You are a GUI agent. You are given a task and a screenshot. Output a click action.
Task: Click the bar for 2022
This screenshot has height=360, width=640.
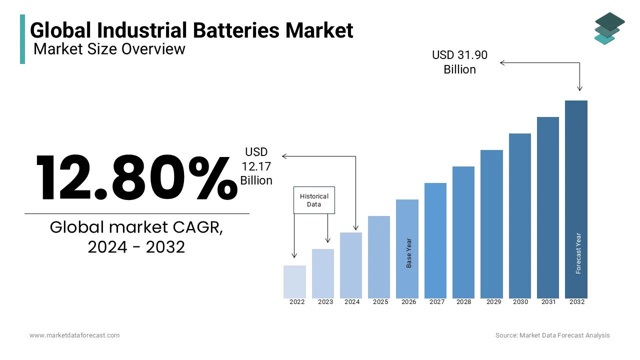[x=294, y=282]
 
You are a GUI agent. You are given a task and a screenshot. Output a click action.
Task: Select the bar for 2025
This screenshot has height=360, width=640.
[x=379, y=257]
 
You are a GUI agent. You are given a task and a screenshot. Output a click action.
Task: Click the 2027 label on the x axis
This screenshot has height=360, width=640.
[x=437, y=302]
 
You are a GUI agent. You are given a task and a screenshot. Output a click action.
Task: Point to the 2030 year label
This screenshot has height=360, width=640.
[x=520, y=302]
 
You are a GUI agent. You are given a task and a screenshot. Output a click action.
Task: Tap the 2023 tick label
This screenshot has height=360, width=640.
[x=325, y=302]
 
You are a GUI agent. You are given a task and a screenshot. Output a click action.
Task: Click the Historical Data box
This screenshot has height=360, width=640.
[x=314, y=200]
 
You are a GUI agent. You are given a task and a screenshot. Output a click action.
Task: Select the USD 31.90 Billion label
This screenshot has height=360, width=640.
[x=459, y=62]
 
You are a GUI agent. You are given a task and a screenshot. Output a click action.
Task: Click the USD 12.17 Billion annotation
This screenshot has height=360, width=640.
[x=256, y=166]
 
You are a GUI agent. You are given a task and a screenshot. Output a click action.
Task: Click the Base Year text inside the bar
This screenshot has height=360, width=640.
[x=409, y=253]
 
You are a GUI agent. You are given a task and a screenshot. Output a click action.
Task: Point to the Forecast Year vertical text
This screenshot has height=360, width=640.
[x=578, y=253]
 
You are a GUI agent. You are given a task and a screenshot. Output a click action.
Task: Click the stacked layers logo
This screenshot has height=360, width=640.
[x=609, y=28]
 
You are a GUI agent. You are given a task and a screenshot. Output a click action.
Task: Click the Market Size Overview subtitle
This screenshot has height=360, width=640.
[x=109, y=49]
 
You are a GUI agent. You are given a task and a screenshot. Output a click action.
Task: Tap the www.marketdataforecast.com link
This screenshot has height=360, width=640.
[x=74, y=335]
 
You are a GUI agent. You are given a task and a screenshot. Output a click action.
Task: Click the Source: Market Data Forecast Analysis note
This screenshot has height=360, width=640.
[x=552, y=335]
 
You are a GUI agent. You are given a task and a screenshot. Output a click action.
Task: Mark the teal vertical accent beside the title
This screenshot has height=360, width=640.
[x=22, y=39]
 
